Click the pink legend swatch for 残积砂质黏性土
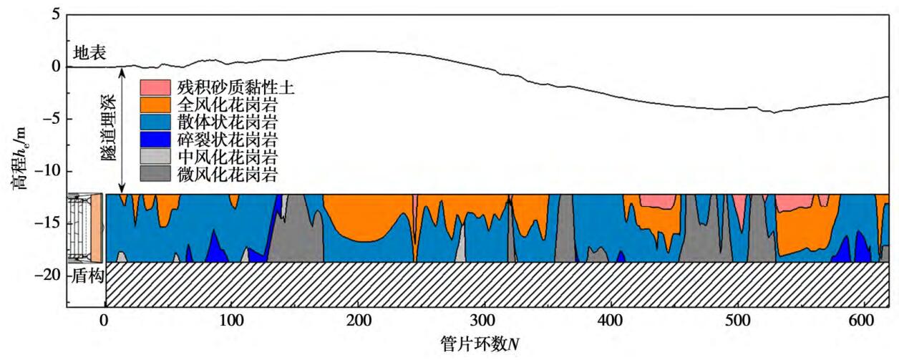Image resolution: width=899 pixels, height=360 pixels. [x=155, y=88]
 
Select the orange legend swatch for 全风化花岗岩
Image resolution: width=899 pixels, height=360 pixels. [x=155, y=105]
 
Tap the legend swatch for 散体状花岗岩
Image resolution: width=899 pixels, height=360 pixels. [x=155, y=122]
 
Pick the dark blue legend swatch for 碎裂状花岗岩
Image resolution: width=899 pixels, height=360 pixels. [x=155, y=139]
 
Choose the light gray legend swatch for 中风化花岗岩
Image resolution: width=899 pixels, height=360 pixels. [x=155, y=155]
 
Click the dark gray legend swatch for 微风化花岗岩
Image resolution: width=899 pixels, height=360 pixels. [x=155, y=172]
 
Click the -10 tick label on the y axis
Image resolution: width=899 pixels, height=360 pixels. [x=49, y=171]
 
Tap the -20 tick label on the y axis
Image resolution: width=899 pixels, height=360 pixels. [x=49, y=276]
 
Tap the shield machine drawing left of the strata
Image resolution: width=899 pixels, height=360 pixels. [x=85, y=228]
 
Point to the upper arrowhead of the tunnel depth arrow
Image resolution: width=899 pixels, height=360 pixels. [x=123, y=70]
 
